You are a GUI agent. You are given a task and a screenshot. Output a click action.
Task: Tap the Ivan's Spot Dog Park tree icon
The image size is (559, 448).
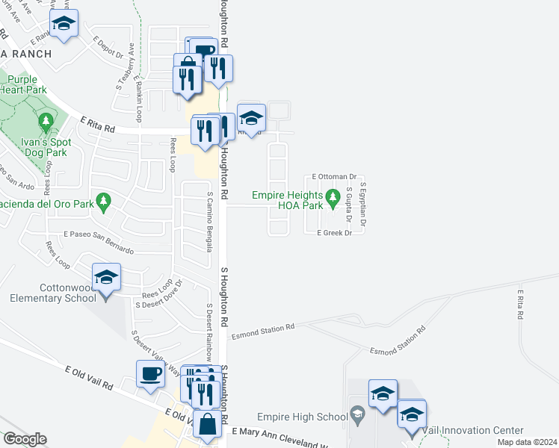click(x=46, y=120)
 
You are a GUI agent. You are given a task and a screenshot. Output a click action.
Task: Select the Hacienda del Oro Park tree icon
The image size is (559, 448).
click(x=104, y=199)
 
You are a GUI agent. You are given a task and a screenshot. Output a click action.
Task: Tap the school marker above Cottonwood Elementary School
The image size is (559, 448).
click(x=106, y=278)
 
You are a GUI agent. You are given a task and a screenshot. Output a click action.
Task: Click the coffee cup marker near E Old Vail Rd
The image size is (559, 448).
click(x=149, y=373)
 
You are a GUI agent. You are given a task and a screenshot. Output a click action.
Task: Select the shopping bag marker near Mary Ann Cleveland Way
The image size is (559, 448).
click(x=206, y=425)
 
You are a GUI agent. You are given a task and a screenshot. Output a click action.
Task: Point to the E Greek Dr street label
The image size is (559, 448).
click(x=334, y=233)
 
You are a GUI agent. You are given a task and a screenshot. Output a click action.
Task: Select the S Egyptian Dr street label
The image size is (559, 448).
click(x=363, y=204)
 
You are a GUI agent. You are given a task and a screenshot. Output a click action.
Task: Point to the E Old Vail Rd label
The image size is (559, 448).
click(x=88, y=378)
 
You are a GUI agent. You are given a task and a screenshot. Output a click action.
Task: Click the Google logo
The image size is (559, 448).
click(x=24, y=439)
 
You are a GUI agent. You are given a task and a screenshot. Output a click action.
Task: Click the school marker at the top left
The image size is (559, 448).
click(x=64, y=24)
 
